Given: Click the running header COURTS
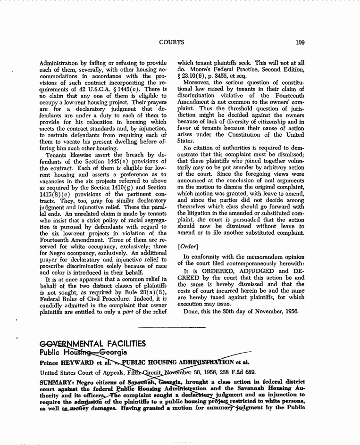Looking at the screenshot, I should click(x=171, y=42).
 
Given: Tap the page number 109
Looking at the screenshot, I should click(x=299, y=42).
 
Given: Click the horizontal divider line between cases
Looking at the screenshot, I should click(x=172, y=327).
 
